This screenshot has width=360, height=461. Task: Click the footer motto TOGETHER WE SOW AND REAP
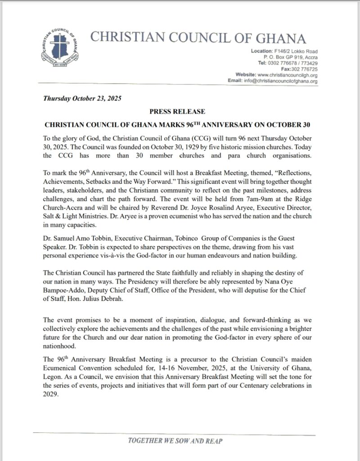(x=176, y=441)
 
